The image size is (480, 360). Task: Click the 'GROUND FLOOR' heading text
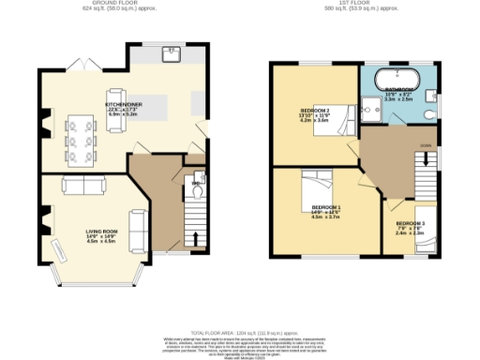click(x=121, y=5)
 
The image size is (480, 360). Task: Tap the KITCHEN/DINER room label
click(x=124, y=107)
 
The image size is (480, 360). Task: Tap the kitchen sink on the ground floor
click(x=172, y=53)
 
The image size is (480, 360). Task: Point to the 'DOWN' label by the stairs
click(x=427, y=146)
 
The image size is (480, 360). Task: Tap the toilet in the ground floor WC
click(x=195, y=182)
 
